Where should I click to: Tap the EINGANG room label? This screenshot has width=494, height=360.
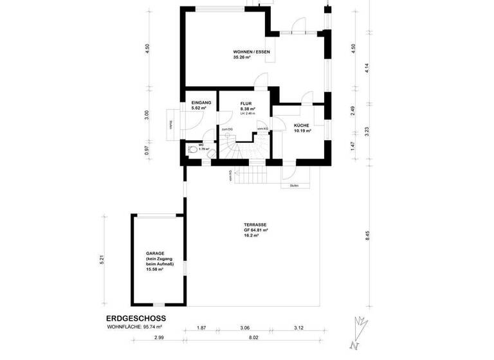tap(196, 103)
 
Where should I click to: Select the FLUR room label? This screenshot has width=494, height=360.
tap(245, 103)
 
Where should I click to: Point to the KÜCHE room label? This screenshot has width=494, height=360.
tap(302, 125)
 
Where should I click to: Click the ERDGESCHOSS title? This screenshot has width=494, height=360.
tap(136, 318)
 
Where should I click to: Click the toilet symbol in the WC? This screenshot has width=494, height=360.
tap(193, 148)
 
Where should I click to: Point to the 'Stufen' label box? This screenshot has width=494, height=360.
tap(294, 186)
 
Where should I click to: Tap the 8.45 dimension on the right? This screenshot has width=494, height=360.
tap(367, 235)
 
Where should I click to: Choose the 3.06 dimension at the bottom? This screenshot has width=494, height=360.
tap(244, 328)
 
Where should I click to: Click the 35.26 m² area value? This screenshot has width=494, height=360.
tap(242, 57)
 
